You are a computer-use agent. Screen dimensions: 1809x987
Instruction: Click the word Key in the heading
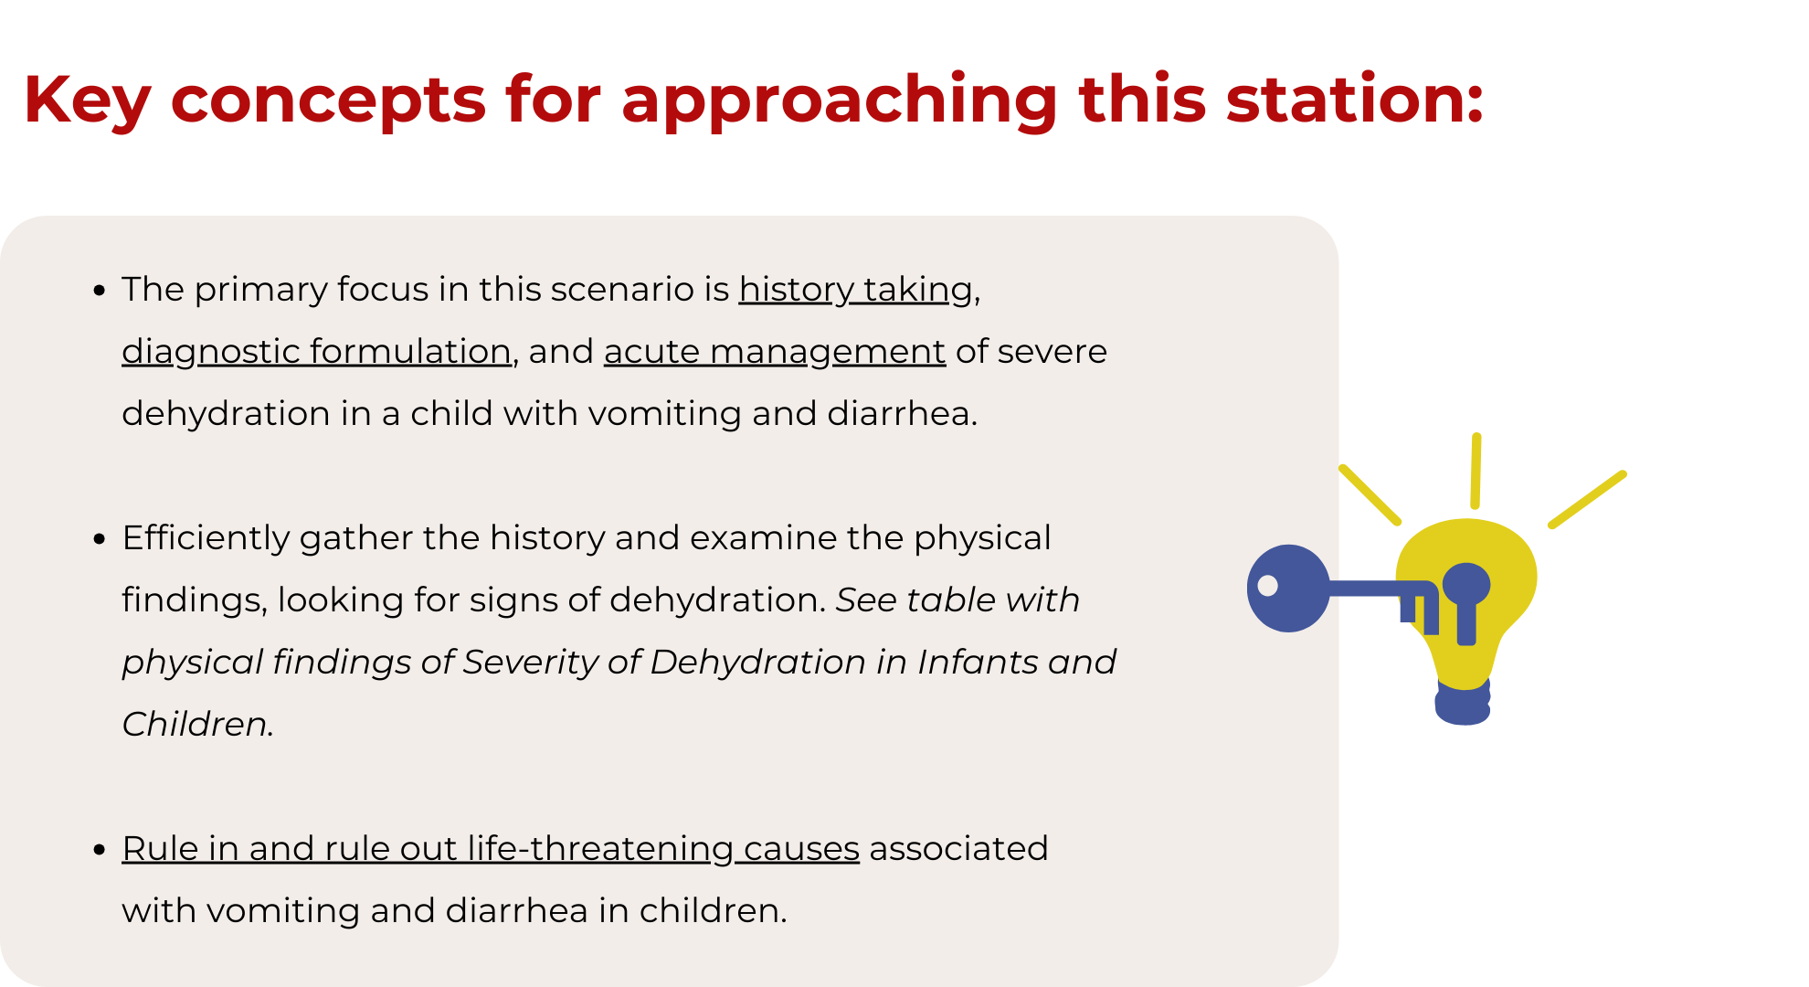click(x=87, y=101)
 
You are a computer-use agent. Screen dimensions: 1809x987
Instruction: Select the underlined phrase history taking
click(x=856, y=290)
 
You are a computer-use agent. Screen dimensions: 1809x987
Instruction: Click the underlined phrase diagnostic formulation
click(x=316, y=352)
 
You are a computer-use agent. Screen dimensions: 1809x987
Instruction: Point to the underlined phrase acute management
click(x=775, y=352)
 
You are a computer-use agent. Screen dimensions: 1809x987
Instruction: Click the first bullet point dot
click(x=100, y=292)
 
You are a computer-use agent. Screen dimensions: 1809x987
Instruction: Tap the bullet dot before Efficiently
click(x=100, y=540)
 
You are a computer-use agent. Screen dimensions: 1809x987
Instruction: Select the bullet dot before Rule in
click(x=100, y=851)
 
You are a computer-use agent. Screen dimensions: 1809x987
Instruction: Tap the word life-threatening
click(x=600, y=848)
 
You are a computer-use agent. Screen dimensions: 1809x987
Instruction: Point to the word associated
click(x=958, y=848)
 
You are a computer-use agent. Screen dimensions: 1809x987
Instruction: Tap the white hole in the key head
click(x=1268, y=586)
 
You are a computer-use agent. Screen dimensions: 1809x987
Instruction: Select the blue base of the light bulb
click(x=1463, y=702)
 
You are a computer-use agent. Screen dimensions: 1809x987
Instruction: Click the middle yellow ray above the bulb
click(x=1476, y=471)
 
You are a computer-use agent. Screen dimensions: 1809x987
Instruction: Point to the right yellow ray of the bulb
click(x=1588, y=499)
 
